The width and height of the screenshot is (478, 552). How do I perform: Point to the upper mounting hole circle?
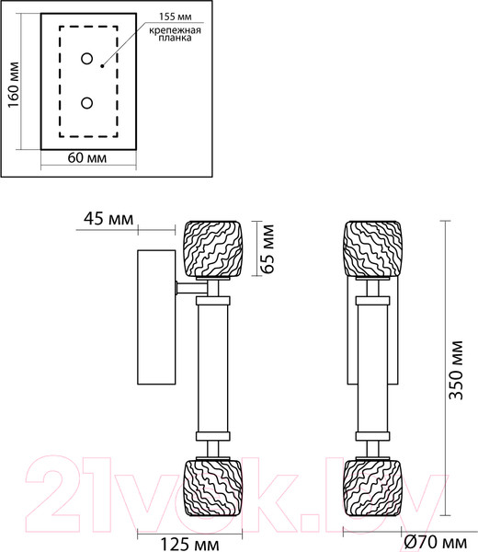(x=88, y=61)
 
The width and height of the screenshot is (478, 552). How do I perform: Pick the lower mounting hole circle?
(x=88, y=103)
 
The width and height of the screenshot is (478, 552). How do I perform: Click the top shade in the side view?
(x=211, y=248)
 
